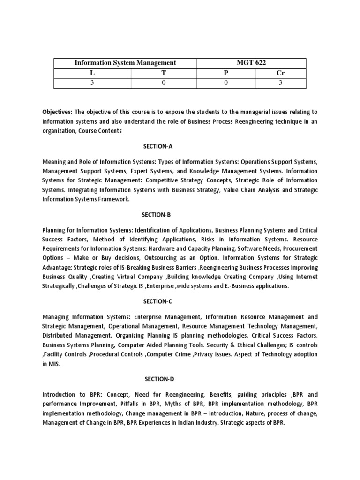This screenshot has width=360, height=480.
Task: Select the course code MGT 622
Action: coord(250,62)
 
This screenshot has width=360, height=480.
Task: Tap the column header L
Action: coord(92,73)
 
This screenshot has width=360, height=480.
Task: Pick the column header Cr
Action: coord(280,73)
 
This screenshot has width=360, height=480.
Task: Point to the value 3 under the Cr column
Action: coord(280,83)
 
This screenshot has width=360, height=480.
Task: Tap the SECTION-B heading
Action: coord(157,214)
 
